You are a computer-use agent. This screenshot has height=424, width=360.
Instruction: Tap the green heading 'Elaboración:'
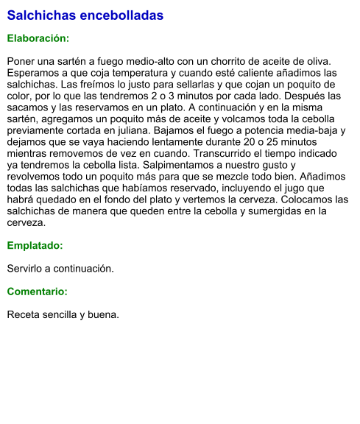point(38,38)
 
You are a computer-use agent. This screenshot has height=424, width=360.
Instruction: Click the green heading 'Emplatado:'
point(35,246)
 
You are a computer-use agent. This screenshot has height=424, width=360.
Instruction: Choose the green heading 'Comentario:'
point(38,291)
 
